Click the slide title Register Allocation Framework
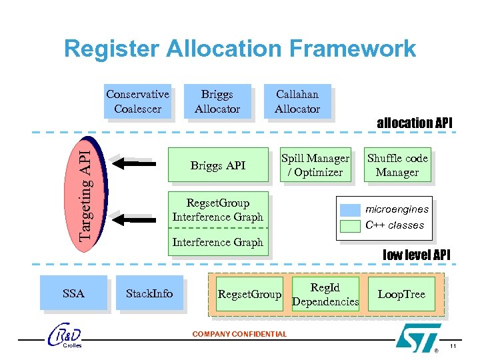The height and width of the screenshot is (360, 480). point(239,49)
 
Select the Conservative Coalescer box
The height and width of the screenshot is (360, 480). point(137,101)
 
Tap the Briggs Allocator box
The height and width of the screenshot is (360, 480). point(217,101)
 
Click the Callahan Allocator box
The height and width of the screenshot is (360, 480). point(297,101)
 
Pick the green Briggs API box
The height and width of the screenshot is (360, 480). point(218,165)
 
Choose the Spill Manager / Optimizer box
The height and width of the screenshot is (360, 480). point(315,165)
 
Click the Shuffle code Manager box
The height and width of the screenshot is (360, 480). point(397,165)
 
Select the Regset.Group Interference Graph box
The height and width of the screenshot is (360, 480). point(217,210)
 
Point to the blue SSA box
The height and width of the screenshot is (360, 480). point(73,293)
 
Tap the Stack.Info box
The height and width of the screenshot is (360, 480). point(149,293)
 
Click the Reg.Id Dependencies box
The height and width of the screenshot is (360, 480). point(325,294)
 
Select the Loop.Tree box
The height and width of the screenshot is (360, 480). point(401,294)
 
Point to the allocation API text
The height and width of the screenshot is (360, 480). point(414,123)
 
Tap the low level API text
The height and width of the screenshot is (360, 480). point(417,254)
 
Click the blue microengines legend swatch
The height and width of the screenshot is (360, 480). point(350,209)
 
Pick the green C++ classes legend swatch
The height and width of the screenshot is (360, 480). point(350,225)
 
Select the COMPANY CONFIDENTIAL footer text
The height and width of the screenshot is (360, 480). point(239,334)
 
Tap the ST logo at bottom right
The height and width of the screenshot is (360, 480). point(418,336)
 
